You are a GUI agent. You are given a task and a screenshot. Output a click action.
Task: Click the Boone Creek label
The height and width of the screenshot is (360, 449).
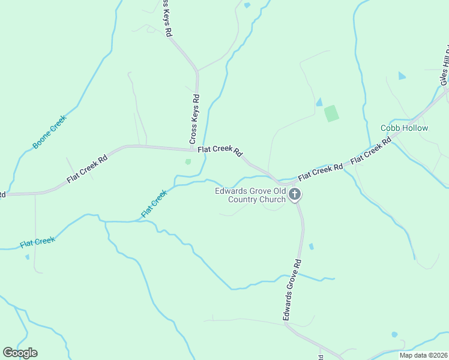tap(50, 132)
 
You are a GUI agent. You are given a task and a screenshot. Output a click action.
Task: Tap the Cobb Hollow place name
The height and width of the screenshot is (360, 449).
tap(405, 128)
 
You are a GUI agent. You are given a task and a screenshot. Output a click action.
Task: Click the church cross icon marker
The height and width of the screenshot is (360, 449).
tap(295, 194)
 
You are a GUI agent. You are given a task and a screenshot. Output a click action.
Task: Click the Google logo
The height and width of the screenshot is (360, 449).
tap(20, 353)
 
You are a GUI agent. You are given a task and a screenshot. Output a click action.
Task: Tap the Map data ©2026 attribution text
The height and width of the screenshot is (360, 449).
tap(423, 355)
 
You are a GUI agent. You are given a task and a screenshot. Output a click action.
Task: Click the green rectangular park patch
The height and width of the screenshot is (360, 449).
tap(331, 113)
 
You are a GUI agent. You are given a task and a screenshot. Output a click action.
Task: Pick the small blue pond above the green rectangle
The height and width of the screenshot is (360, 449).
tap(319, 102)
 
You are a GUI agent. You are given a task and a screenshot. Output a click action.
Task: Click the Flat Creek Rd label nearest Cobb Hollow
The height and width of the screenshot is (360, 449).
tap(370, 151)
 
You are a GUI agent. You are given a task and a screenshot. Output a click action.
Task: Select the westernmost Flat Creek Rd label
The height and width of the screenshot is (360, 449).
tap(87, 169)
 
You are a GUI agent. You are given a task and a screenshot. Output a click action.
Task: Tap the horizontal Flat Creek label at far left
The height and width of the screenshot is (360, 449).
tap(37, 242)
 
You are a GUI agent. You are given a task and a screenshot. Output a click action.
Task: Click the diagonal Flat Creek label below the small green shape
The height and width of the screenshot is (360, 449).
tap(154, 204)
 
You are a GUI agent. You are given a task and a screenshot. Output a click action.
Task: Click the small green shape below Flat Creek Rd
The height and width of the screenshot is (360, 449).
tap(188, 161)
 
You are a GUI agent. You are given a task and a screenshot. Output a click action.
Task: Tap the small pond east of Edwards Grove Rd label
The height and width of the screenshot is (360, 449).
tap(311, 246)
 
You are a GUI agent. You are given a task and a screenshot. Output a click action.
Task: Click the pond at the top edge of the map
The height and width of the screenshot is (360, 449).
tap(247, 5)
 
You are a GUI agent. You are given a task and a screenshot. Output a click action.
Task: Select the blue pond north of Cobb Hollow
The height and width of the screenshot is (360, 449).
tap(402, 76)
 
